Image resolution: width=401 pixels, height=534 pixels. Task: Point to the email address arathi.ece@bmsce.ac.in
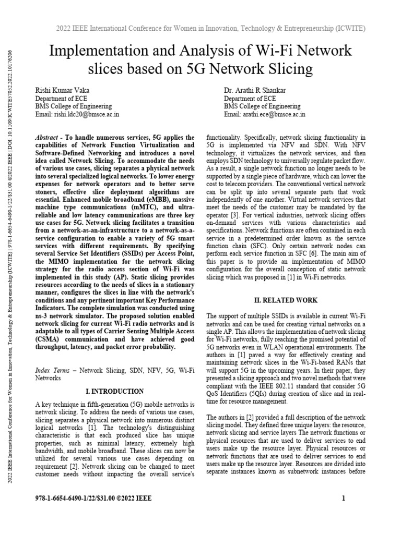tap(265, 114)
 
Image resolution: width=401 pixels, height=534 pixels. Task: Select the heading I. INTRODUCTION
tap(114, 391)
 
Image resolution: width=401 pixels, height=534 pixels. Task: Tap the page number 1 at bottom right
tap(344, 498)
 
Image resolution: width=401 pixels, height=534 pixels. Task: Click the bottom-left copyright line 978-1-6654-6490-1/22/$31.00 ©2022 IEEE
tap(93, 498)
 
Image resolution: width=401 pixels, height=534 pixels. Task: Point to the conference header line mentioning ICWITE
tap(210, 28)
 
